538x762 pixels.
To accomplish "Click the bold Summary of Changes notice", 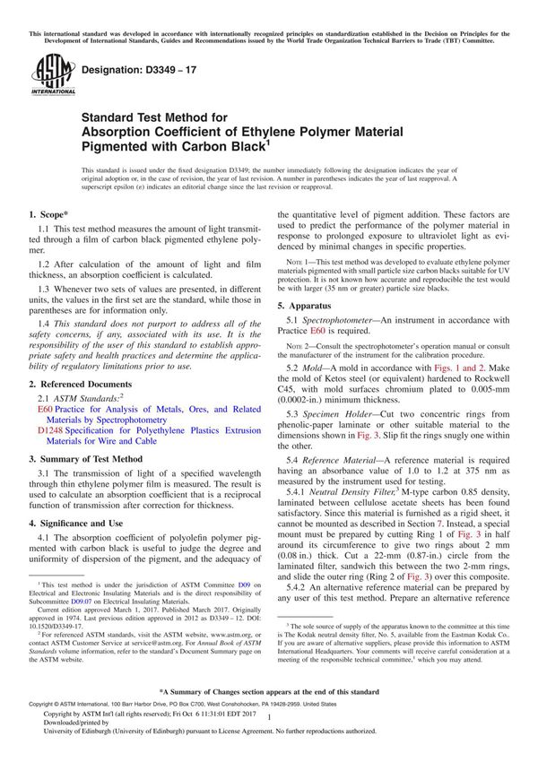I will click(269, 718).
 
